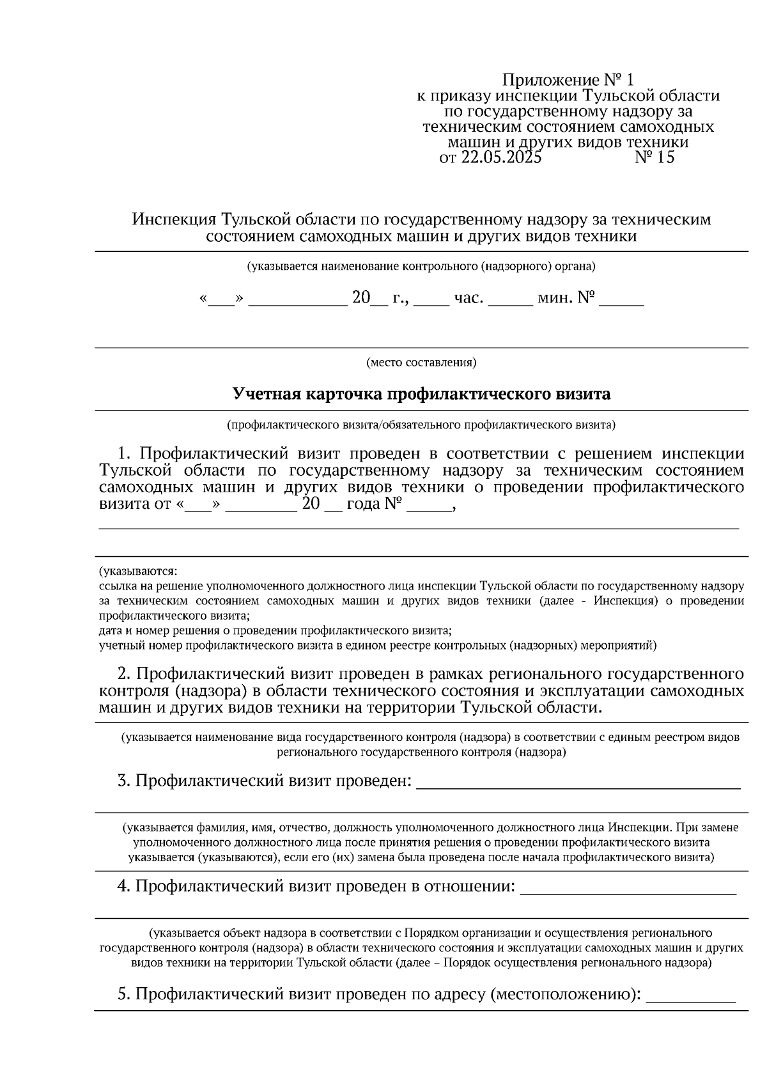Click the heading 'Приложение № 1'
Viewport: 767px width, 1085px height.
tap(569, 81)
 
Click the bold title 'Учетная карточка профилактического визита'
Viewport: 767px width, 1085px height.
tap(421, 394)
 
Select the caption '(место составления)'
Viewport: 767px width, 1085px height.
tap(421, 363)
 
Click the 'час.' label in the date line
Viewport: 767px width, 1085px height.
tap(468, 298)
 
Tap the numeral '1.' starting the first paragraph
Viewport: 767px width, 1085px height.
tap(125, 454)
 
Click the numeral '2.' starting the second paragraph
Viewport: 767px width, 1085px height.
tap(124, 674)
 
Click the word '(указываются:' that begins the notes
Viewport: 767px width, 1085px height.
tap(137, 570)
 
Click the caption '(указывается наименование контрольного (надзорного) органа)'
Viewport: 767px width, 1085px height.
tap(421, 266)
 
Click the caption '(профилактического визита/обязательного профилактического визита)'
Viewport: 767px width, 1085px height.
tap(421, 425)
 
